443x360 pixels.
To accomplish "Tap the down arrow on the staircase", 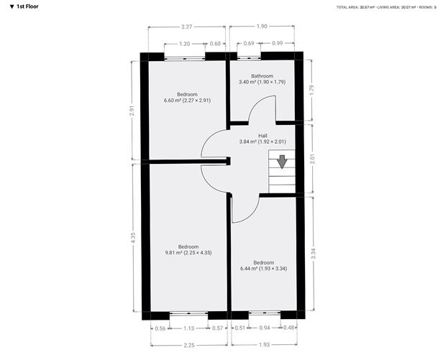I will point(282,161).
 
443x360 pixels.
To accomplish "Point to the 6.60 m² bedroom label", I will point(187,97).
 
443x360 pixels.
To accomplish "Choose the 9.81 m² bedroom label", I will point(188,249).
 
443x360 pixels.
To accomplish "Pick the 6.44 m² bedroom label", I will point(263,265).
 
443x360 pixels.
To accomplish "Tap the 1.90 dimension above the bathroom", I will point(262,27).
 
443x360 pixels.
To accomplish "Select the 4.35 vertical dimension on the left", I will point(132,236).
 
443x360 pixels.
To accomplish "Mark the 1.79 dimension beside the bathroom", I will point(311,90).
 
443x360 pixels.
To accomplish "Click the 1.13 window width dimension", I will point(189,328).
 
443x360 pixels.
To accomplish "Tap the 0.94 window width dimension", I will point(264,328).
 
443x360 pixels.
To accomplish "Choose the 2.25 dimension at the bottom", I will point(189,344).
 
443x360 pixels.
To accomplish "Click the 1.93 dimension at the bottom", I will point(264,344).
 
